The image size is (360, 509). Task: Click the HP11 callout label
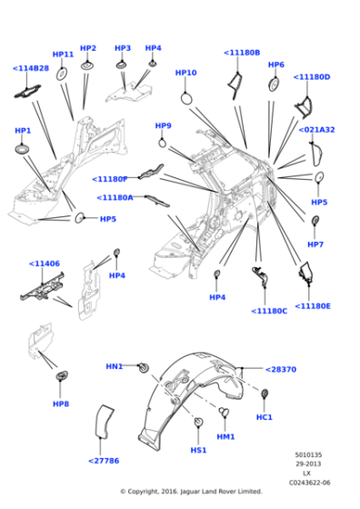coord(63,55)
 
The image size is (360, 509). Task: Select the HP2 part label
coord(88,48)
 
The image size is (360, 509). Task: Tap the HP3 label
coord(123,48)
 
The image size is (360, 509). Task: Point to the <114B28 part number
coord(31,68)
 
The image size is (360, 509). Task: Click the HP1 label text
coord(23,131)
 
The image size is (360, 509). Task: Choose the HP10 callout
coord(185,73)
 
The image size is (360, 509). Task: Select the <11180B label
coord(242,53)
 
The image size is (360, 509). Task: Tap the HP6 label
coord(276,65)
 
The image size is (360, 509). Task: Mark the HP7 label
coord(315,245)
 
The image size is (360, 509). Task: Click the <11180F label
coord(110,178)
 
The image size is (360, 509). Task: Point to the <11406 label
coord(44,264)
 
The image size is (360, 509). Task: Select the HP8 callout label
coord(60,404)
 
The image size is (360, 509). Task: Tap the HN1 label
coord(114,366)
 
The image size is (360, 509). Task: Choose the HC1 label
coord(265,417)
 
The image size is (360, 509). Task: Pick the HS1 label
coord(197,449)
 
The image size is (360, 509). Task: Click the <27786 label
coord(105,461)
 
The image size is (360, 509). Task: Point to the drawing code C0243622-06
coord(311,483)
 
